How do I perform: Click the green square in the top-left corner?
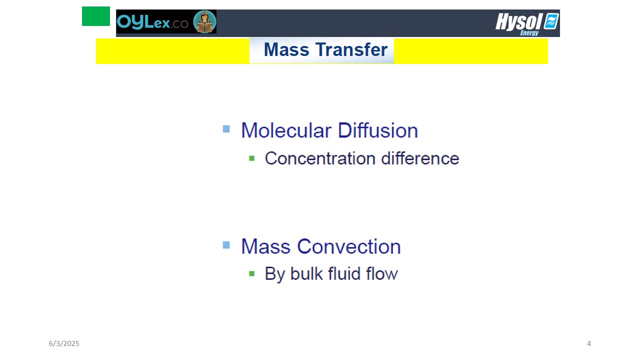pos(96,16)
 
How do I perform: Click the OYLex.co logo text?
pos(152,22)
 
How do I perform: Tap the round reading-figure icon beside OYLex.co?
pos(204,21)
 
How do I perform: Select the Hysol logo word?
pos(519,21)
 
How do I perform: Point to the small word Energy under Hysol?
pos(529,33)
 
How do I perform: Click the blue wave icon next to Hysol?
pos(551,21)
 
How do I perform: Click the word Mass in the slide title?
pos(286,49)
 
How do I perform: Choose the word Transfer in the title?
pos(351,49)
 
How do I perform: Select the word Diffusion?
pos(377,130)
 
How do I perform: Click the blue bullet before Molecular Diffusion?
pos(226,129)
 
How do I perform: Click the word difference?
pos(420,158)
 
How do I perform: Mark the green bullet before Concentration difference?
pos(251,158)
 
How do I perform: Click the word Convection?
pos(349,246)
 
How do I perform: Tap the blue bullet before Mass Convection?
pos(226,245)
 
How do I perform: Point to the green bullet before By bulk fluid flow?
pos(251,273)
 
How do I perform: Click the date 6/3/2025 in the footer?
pos(64,343)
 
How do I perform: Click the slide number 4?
pos(589,343)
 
